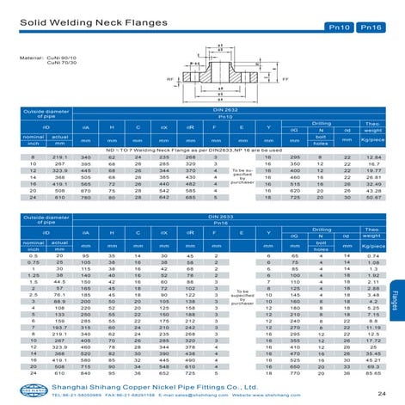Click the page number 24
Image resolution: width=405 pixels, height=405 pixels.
[381, 393]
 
